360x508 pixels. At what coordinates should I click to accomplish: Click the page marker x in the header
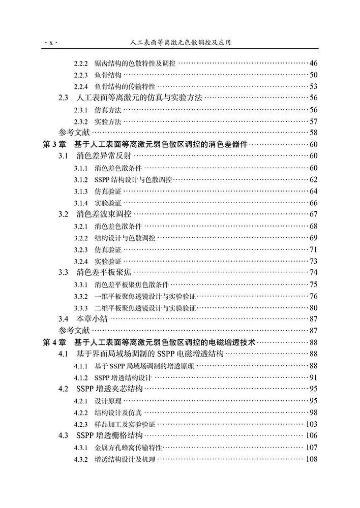click(51, 43)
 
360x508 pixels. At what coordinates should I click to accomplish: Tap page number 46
click(313, 63)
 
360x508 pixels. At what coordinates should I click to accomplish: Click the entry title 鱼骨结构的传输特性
click(125, 86)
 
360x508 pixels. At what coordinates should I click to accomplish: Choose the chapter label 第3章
click(53, 144)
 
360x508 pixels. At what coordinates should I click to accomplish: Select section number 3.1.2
click(81, 179)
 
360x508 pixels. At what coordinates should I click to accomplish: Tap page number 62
click(313, 179)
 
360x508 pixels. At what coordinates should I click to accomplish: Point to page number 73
click(313, 261)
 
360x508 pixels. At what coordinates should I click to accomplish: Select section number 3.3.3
click(81, 307)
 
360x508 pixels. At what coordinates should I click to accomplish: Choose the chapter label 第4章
click(53, 342)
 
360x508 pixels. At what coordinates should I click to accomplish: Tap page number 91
click(313, 377)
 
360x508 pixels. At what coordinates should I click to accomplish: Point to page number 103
click(311, 424)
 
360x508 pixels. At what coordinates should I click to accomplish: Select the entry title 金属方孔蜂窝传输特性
click(128, 448)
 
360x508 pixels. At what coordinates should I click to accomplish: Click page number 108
click(311, 459)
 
